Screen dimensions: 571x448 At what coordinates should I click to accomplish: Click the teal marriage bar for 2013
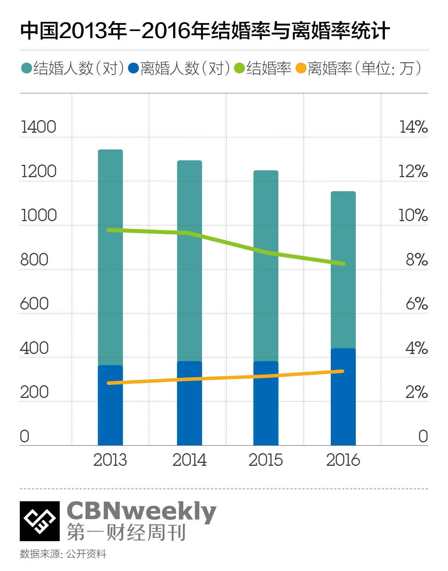coord(110,257)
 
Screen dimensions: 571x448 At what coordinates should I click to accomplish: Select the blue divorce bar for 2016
coord(343,397)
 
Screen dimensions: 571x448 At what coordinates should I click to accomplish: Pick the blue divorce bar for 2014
coord(189,403)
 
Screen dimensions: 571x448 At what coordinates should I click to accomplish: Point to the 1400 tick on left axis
coord(38,127)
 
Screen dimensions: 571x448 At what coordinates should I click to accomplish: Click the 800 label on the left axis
coord(34,260)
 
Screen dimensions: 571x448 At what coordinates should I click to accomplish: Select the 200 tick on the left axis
coord(34,392)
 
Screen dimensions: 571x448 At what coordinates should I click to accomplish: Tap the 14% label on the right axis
coord(413,127)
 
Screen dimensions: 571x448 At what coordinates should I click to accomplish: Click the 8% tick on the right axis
coord(417,260)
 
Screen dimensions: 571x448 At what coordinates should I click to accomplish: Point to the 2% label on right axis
coord(417,392)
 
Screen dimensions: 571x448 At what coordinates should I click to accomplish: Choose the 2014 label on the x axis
coord(189,460)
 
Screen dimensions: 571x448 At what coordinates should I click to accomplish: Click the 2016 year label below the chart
coord(343,460)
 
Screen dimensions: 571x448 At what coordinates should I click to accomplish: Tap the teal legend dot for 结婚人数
coord(27,69)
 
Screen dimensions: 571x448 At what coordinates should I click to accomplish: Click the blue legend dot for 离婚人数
coord(133,69)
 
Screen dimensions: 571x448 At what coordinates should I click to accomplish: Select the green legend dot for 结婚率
coord(239,69)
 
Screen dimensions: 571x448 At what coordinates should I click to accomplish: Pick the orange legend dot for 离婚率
coord(301,69)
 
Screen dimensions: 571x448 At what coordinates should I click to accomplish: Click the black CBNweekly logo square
coord(40,521)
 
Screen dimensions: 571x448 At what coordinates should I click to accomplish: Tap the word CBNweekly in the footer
coord(141,511)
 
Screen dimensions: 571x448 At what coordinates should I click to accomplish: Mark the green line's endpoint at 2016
coord(343,264)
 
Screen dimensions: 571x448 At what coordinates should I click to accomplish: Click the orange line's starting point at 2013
coord(109,383)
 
